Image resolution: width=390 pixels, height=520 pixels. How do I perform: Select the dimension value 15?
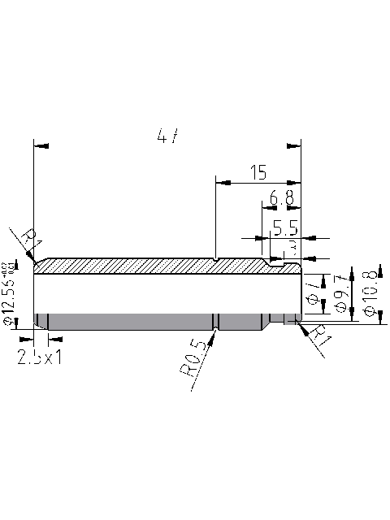point(258,172)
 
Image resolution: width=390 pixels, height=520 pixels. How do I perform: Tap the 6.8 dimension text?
point(281,198)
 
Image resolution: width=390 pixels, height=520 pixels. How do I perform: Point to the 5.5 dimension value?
point(285,227)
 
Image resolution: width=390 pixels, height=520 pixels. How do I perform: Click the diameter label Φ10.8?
point(370,292)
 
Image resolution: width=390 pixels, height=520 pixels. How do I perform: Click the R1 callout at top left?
point(30,239)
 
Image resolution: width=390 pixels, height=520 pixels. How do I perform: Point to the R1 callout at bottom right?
point(319,336)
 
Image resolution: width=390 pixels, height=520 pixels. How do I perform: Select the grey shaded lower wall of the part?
point(146,322)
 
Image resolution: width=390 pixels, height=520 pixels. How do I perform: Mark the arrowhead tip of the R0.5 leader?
point(215,330)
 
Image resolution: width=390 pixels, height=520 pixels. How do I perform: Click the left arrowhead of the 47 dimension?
point(35,146)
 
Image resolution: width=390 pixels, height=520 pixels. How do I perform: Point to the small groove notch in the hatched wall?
point(215,260)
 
